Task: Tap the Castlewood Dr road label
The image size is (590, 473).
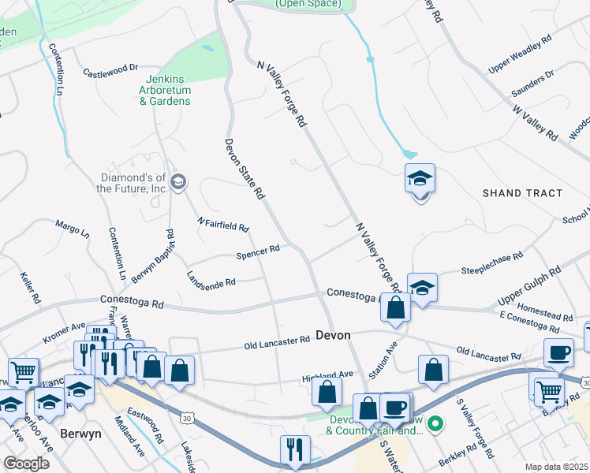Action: [x=110, y=72]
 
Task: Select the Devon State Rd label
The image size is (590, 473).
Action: [x=243, y=169]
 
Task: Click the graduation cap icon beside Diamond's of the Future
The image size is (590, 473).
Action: [x=178, y=182]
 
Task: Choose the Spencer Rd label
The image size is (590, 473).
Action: [x=258, y=251]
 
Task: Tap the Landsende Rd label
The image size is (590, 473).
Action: [x=211, y=279]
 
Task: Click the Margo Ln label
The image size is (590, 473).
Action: [x=73, y=229]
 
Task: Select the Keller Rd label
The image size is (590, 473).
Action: [x=30, y=289]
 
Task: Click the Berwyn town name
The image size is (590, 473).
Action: [x=81, y=434]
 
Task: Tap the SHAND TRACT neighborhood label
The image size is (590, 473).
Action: [x=523, y=193]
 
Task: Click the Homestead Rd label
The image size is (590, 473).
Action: [x=547, y=311]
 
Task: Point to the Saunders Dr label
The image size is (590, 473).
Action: [x=532, y=80]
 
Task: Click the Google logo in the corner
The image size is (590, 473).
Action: [x=26, y=464]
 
